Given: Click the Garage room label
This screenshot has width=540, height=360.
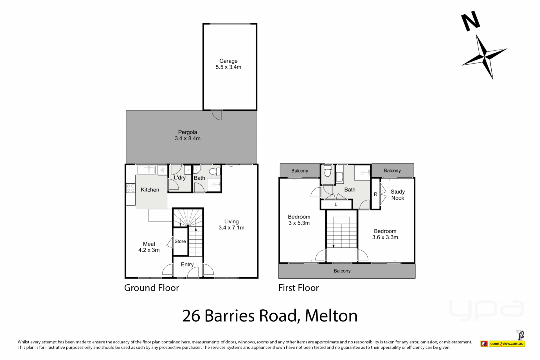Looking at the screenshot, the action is coord(228,61).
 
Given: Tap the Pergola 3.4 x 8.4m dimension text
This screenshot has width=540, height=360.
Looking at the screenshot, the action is coord(188,138).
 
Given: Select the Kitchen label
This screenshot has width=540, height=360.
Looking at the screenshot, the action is coord(150,190).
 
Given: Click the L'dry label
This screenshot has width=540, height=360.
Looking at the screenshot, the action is coord(180,178).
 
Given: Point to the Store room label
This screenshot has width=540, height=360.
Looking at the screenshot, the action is coord(180,241).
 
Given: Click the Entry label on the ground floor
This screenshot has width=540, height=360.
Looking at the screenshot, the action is coord(187,265).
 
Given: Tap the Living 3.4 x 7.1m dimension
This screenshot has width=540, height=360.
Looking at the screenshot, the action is coord(231,228).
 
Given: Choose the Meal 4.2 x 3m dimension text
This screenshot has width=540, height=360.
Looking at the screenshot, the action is coord(149,250).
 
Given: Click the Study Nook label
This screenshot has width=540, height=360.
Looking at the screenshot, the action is coord(398,195).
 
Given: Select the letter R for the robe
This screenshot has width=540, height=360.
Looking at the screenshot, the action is coord(375,194).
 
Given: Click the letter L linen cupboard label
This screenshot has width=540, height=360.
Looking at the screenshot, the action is coord(336,204).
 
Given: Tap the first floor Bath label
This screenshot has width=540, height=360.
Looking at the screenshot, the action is coord(350,190).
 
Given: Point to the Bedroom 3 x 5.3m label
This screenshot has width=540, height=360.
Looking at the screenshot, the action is coord(299,220).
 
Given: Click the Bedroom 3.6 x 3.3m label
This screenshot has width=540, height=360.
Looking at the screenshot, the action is coord(385,234).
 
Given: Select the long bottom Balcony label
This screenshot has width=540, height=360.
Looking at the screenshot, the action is coord(342,271).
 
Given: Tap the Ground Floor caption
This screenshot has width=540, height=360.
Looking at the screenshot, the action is coord(152,288).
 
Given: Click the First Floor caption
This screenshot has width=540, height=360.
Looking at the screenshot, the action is coord(299,288).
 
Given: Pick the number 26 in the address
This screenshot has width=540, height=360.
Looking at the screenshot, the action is coord(191,316).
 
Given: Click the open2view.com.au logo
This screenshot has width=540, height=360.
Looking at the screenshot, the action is coord(503,343).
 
